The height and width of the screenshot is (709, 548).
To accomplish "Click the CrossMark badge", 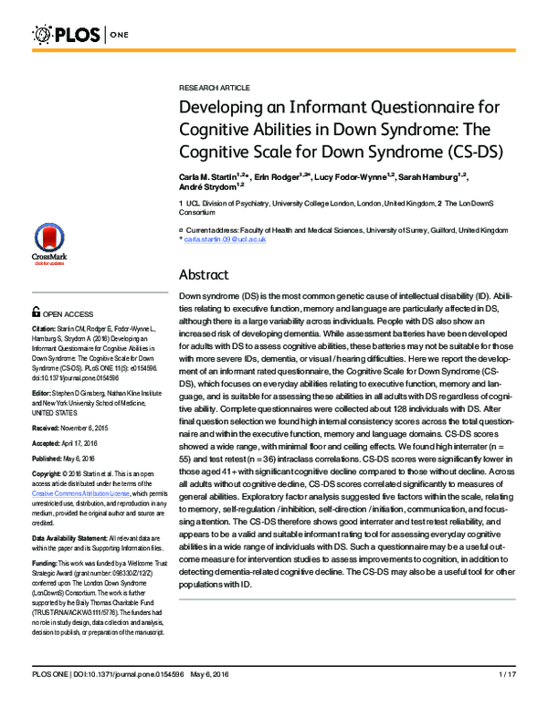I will click(x=54, y=259).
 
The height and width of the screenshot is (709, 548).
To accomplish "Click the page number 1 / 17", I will click(x=508, y=700).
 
